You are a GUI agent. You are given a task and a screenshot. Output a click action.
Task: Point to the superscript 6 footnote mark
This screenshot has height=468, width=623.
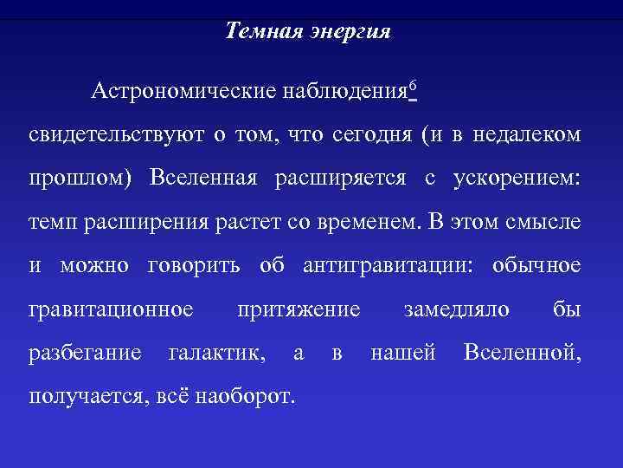(414, 84)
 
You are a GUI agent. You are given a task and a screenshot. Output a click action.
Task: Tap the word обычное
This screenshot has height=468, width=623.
(536, 265)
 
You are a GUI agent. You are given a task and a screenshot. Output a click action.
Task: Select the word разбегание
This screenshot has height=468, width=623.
(85, 354)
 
